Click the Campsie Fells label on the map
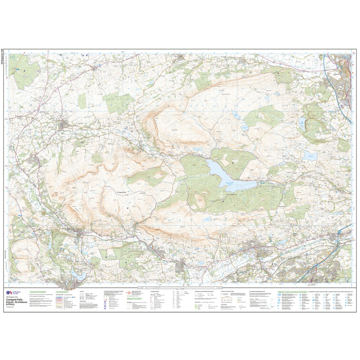pos(123,192)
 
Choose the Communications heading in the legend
pos(62,292)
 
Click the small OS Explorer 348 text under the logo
pos(12,297)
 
